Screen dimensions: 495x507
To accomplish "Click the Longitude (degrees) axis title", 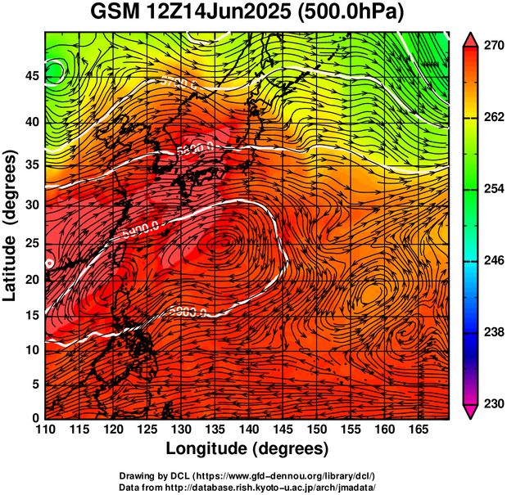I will (247, 449).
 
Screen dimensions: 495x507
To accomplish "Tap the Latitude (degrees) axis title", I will (11, 225).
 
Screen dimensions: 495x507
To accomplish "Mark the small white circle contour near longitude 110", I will (49, 263).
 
